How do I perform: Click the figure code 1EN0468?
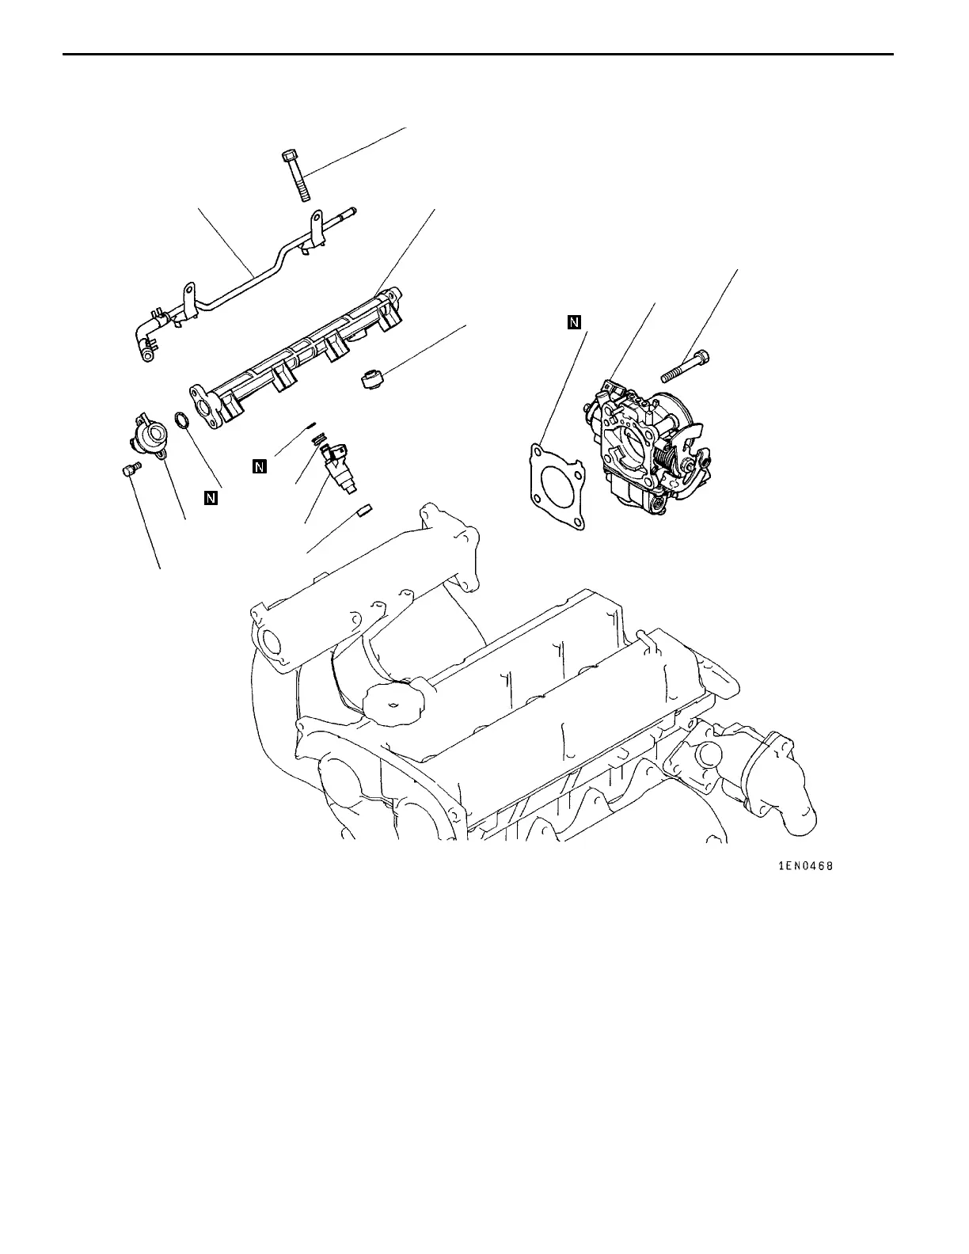[805, 867]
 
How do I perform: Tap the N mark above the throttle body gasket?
[574, 321]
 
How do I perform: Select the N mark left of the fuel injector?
[259, 466]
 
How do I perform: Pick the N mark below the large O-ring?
[211, 498]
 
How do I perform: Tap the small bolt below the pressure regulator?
[130, 470]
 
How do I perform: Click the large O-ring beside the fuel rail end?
[181, 420]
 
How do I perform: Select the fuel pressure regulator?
[148, 434]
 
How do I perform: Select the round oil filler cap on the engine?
[394, 701]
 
